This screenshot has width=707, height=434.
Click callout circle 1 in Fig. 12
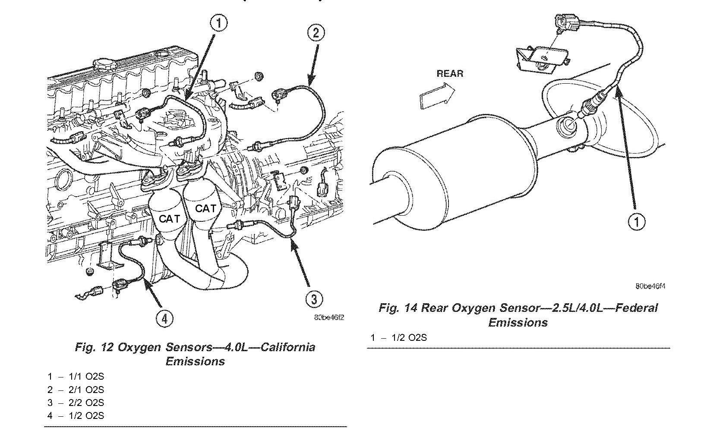click(x=219, y=22)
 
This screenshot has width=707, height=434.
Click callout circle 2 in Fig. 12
click(x=316, y=33)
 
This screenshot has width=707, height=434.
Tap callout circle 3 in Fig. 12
click(x=314, y=299)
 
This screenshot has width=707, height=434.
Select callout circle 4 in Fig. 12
click(x=165, y=318)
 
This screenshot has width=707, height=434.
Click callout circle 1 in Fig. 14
click(x=636, y=222)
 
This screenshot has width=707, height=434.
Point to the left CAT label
click(x=169, y=219)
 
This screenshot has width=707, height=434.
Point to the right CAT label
click(x=205, y=209)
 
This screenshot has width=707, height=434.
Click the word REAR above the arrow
click(x=450, y=73)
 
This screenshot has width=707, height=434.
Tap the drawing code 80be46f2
click(x=329, y=318)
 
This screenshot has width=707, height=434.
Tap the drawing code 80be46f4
click(x=650, y=286)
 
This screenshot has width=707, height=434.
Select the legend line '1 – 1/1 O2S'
click(x=76, y=377)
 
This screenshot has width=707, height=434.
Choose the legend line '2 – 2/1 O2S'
click(x=76, y=390)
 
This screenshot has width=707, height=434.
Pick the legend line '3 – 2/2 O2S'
click(x=76, y=403)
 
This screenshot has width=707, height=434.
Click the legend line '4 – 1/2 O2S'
click(x=76, y=415)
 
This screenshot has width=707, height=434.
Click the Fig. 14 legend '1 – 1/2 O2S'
click(x=398, y=337)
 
